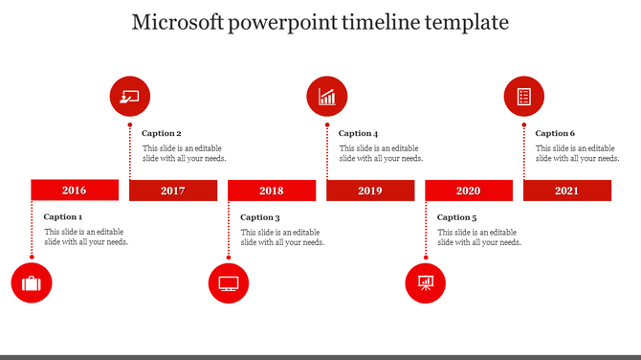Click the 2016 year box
[x=75, y=191]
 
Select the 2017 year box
[x=173, y=191]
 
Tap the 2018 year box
[x=272, y=191]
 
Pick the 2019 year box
[x=370, y=191]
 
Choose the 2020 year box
[x=468, y=191]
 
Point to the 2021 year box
[x=566, y=191]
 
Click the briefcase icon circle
[x=32, y=283]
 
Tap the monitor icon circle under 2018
[x=229, y=283]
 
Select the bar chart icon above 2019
[x=327, y=97]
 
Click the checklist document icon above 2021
[x=523, y=97]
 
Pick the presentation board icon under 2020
[x=426, y=283]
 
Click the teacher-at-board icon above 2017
[x=130, y=97]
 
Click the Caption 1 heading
[x=63, y=217]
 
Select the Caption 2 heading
[x=162, y=134]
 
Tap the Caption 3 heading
[x=260, y=217]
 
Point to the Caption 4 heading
[x=359, y=134]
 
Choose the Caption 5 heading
[x=456, y=217]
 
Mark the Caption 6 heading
[x=555, y=134]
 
